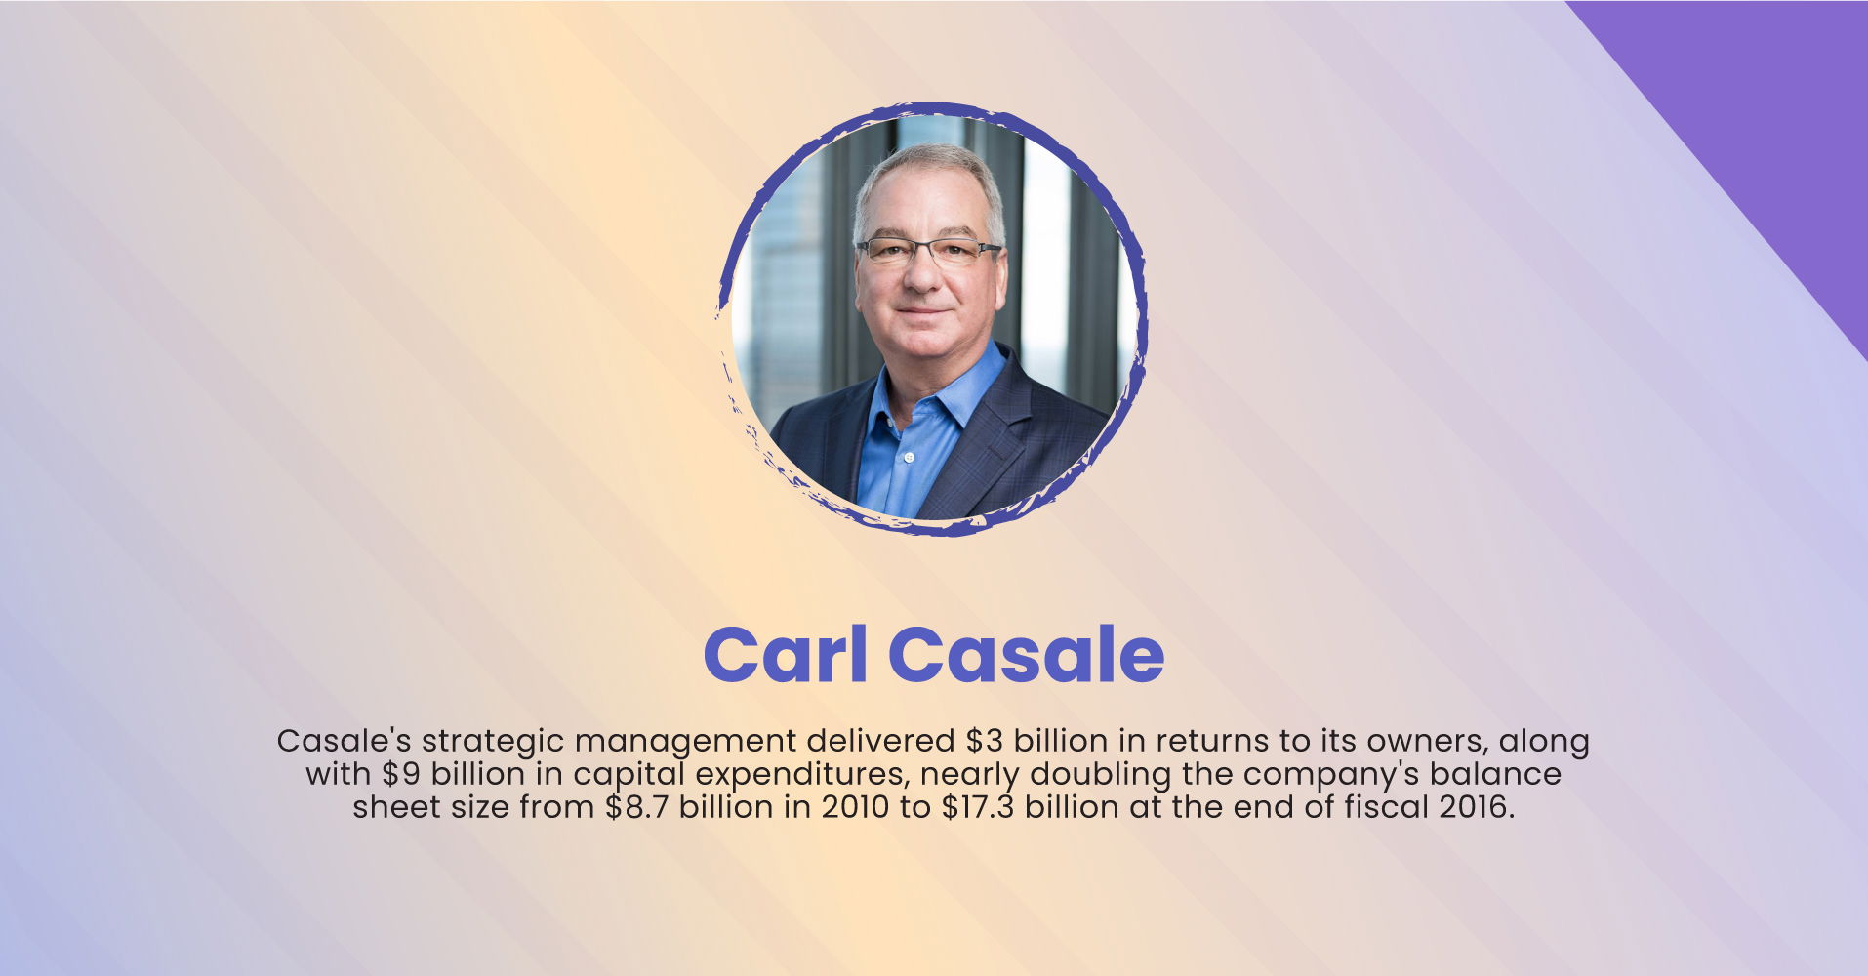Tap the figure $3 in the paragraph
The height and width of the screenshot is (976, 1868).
tap(986, 741)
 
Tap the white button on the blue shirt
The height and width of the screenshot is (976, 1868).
tap(909, 457)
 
